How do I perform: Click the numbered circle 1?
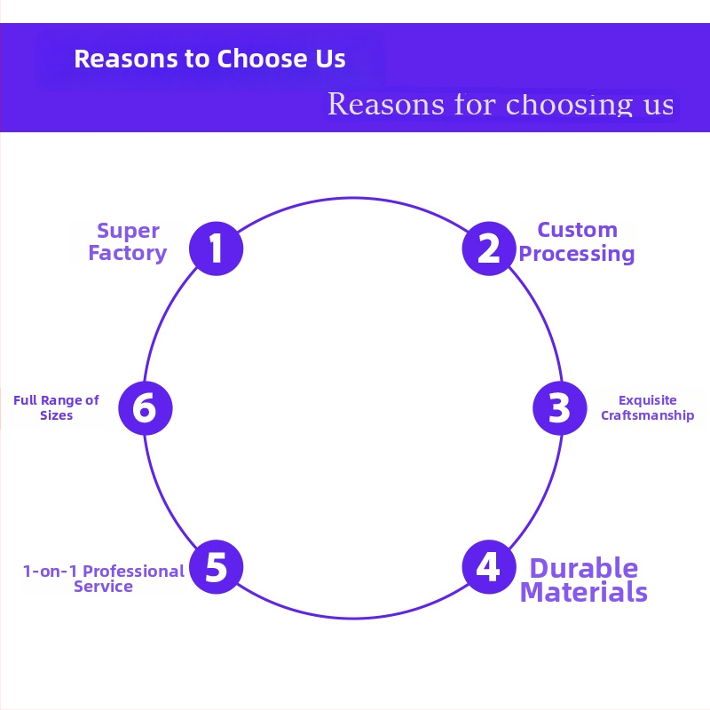click(x=217, y=248)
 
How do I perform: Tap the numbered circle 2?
click(x=488, y=248)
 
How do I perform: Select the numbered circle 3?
click(x=559, y=408)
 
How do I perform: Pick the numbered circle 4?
click(x=488, y=567)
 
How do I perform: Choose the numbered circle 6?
click(x=145, y=408)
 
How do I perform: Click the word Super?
click(x=128, y=231)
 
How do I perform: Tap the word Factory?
click(x=128, y=253)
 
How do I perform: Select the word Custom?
click(x=577, y=230)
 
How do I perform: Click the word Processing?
click(x=577, y=254)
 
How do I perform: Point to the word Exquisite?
click(x=647, y=400)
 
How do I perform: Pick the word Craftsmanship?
click(x=647, y=415)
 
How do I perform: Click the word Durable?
click(x=583, y=568)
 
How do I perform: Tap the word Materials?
click(x=583, y=592)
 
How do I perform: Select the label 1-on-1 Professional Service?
click(x=104, y=579)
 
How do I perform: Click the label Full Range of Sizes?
click(x=56, y=407)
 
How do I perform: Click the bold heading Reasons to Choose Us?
click(x=209, y=59)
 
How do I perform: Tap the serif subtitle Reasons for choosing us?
click(x=501, y=104)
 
